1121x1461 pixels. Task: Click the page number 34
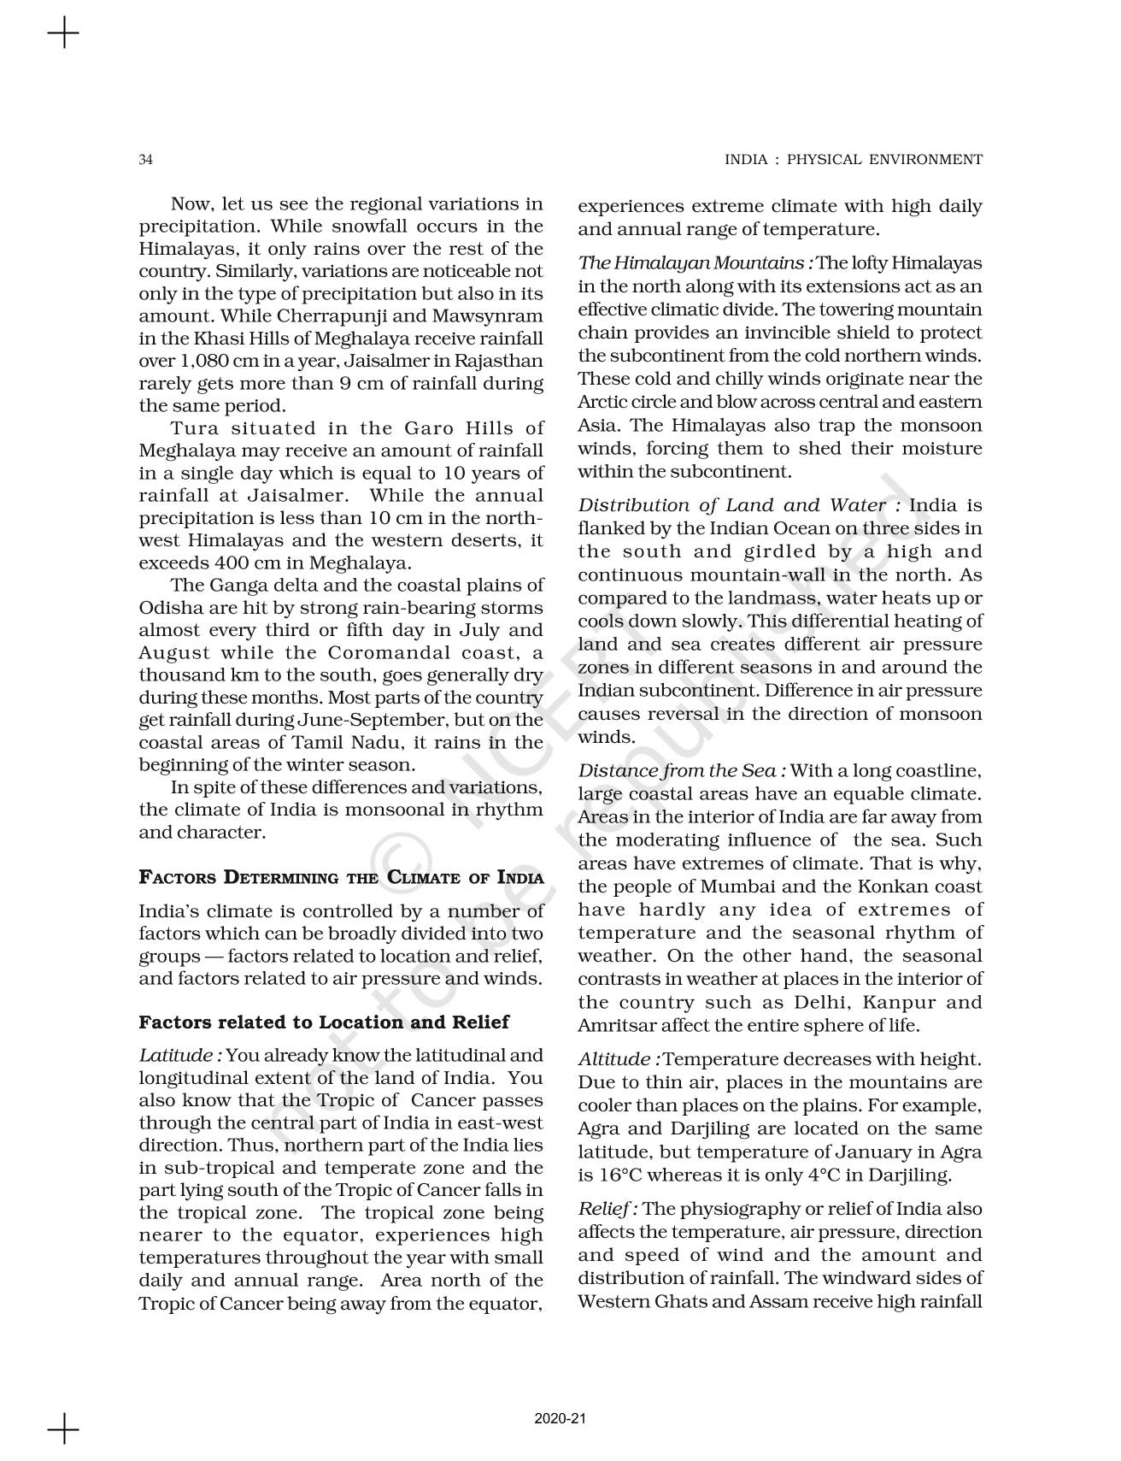[x=146, y=160]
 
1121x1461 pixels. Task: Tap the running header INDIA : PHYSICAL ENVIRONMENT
[x=853, y=160]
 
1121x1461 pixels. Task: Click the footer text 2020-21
[x=560, y=1418]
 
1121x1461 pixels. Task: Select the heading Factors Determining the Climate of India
[x=341, y=877]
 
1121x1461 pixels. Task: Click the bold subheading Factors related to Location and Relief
[x=324, y=1022]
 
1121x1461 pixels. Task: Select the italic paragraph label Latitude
[x=180, y=1056]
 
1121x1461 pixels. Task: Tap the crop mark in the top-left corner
[x=63, y=34]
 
